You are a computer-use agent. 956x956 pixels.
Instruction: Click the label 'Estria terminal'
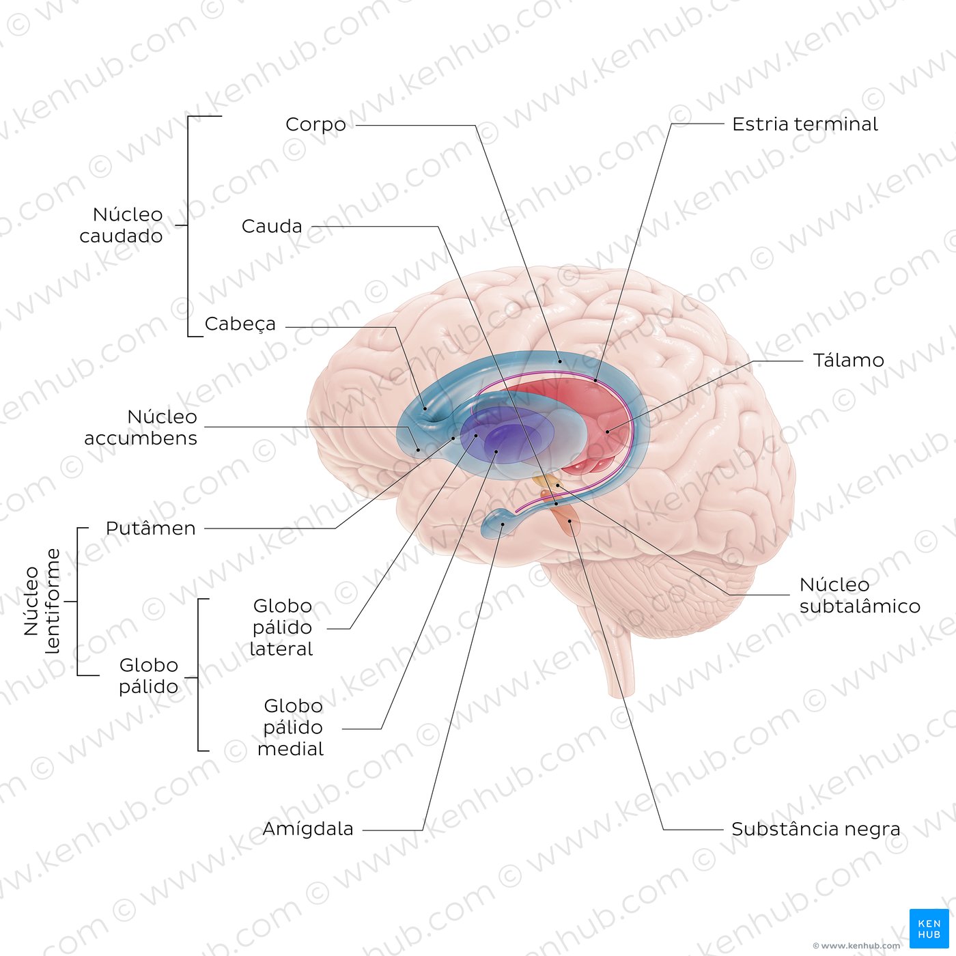804,124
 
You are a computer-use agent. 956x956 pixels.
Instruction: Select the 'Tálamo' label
848,360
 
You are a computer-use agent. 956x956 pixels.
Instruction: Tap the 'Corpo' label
315,125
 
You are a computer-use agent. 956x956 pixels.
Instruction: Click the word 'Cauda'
272,226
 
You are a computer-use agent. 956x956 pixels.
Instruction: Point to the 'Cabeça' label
240,324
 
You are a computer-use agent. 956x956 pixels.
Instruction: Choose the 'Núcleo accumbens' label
141,427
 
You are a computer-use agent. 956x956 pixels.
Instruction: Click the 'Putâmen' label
151,529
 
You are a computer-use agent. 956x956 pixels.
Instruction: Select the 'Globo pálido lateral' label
282,628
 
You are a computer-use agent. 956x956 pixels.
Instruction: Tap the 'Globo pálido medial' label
291,727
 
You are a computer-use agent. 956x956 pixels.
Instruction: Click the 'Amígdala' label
308,829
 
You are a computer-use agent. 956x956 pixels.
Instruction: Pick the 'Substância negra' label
815,829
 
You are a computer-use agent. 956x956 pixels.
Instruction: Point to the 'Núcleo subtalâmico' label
860,595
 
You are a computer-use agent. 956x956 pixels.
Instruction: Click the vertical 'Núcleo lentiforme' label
42,602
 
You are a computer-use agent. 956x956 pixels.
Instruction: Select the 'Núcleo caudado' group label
122,225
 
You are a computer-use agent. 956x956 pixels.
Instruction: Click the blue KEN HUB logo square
929,929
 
